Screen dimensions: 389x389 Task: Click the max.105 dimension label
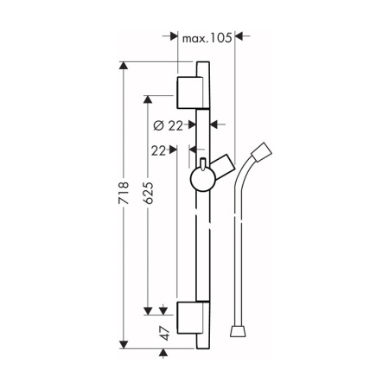pos(207,38)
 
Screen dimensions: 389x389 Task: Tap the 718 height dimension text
pos(124,193)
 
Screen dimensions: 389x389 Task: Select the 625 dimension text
pos(149,193)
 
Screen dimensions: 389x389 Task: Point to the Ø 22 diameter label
pos(169,125)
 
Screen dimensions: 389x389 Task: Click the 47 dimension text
pos(164,334)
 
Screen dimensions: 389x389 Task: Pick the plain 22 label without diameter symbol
pos(159,150)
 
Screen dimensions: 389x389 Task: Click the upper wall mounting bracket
pos(189,92)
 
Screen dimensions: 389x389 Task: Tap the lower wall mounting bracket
pos(189,317)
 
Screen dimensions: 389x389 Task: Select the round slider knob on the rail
pos(202,179)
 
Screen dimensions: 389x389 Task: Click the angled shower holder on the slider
pos(223,167)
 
